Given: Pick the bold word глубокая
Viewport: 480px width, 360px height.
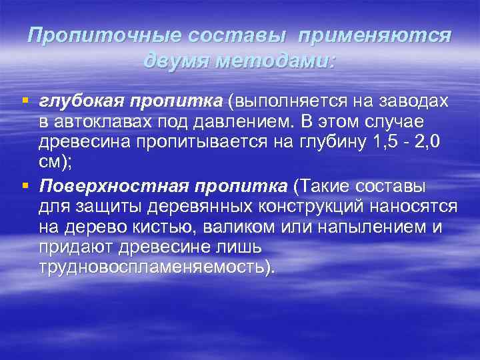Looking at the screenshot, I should pos(78,102).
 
